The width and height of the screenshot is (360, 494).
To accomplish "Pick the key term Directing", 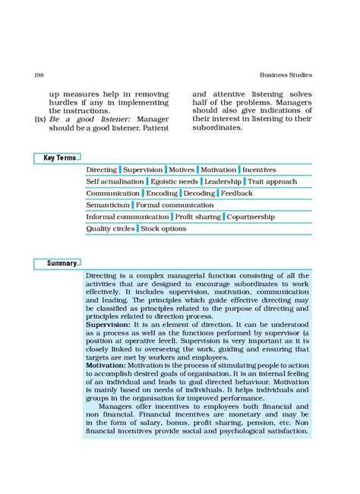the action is [102, 170].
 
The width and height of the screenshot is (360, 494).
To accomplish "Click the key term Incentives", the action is [259, 170].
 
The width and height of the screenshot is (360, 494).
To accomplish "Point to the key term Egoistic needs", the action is [175, 182].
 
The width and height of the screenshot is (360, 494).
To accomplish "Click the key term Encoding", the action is [162, 194].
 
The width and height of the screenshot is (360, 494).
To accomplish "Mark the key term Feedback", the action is [237, 194].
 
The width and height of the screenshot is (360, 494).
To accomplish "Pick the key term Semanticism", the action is [108, 205].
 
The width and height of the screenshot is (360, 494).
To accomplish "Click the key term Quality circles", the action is [110, 228].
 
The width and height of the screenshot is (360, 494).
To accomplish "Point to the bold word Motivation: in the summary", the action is [106, 366].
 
